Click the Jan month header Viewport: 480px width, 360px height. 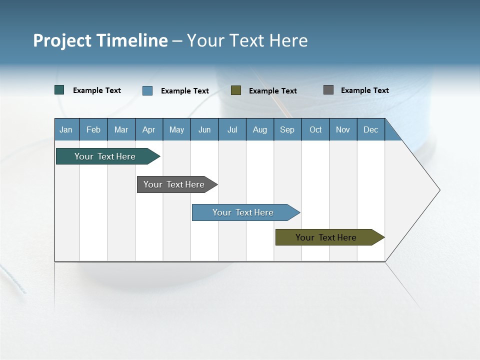click(x=66, y=130)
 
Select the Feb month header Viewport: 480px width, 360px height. click(x=93, y=130)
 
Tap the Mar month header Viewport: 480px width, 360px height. click(x=121, y=130)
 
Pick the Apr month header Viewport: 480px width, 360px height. click(x=148, y=130)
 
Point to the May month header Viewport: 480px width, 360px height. click(x=176, y=130)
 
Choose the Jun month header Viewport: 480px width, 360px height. click(x=204, y=130)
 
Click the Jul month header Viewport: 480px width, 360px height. click(x=232, y=130)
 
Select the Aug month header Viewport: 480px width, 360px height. click(x=260, y=130)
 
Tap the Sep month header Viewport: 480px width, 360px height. click(x=287, y=130)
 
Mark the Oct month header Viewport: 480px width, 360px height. click(x=315, y=130)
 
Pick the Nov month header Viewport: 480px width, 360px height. click(x=343, y=130)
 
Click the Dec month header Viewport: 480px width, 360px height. click(x=371, y=130)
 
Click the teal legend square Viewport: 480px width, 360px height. click(x=59, y=90)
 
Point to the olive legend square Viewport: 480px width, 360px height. click(x=236, y=90)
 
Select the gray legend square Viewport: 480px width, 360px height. click(x=328, y=90)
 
